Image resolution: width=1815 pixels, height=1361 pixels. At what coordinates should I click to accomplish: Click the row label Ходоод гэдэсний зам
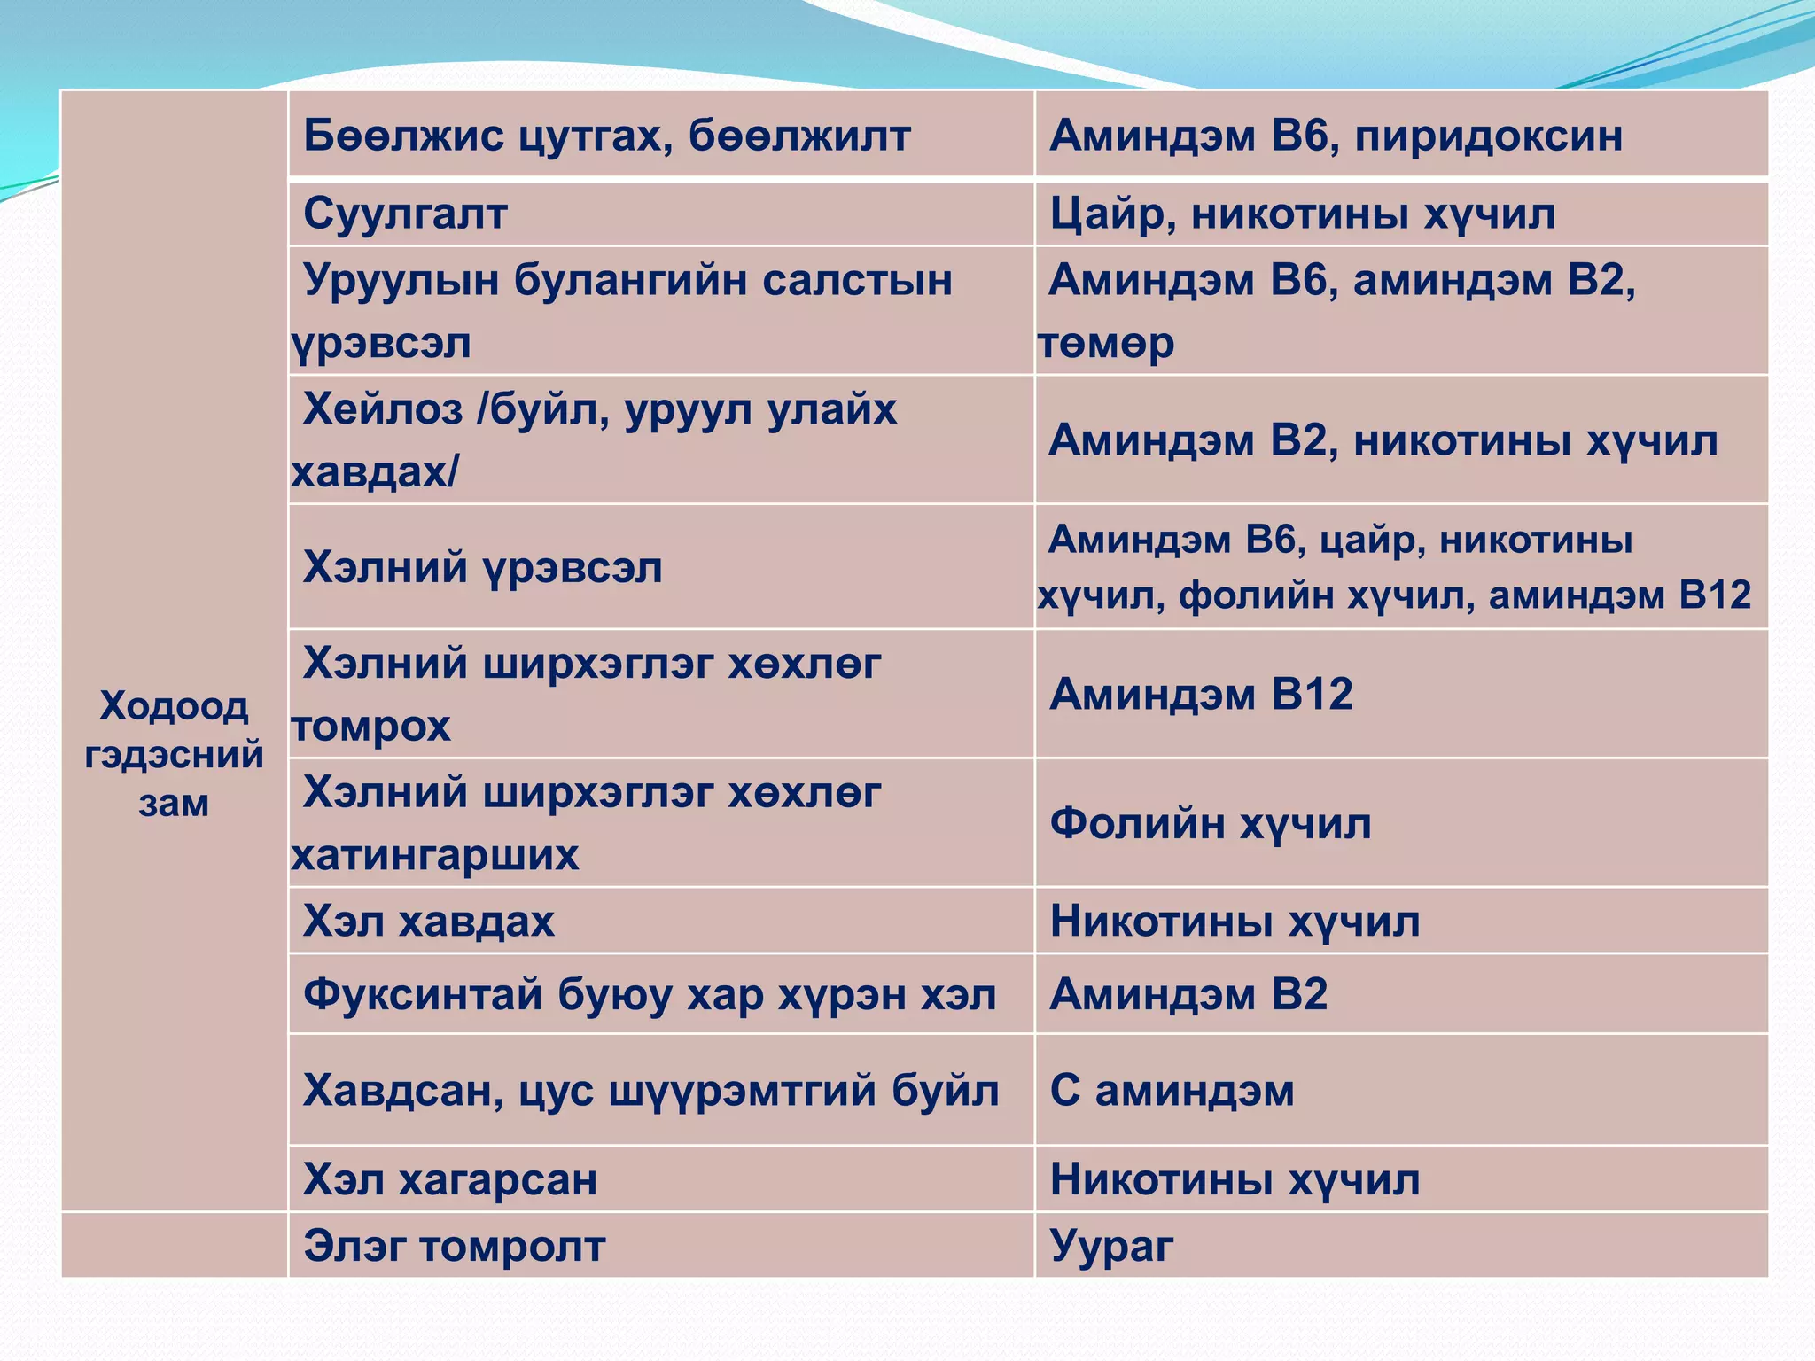coord(174,753)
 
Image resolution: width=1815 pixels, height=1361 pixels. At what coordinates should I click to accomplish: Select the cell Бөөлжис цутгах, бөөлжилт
coord(606,136)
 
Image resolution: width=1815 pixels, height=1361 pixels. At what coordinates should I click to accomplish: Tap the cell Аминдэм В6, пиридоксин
coord(1336,136)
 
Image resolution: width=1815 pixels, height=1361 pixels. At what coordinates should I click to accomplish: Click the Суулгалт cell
coord(405,214)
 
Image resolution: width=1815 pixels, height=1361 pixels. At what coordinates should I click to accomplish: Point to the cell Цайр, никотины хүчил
coord(1302,214)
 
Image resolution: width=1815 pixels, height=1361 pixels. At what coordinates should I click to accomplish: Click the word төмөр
coord(1106,343)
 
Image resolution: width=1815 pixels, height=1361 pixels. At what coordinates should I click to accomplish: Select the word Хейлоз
coord(383,409)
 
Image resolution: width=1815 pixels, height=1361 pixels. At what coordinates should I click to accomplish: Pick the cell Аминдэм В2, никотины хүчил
coord(1383,440)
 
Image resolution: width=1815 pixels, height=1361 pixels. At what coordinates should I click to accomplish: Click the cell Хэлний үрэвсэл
coord(482,567)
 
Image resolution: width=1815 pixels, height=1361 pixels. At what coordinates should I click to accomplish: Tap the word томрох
coord(370,727)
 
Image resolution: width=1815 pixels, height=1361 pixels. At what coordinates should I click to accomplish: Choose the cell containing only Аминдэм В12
coord(1201,694)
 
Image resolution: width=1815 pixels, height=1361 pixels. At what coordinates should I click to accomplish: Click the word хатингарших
coord(434,856)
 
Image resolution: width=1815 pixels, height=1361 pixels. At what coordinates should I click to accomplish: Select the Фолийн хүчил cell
coord(1211,823)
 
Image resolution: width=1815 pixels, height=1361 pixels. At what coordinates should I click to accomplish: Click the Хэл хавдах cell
coord(429,921)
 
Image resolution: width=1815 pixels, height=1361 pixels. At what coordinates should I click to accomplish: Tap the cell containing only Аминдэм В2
coord(1188,994)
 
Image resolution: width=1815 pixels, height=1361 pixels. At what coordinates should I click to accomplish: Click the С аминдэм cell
coord(1172,1090)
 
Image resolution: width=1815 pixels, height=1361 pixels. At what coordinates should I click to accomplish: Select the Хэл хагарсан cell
coord(450,1179)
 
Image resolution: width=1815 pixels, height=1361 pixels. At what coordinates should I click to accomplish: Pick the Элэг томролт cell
coord(454,1246)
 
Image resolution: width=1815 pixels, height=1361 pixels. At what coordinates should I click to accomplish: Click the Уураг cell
coord(1111,1246)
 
